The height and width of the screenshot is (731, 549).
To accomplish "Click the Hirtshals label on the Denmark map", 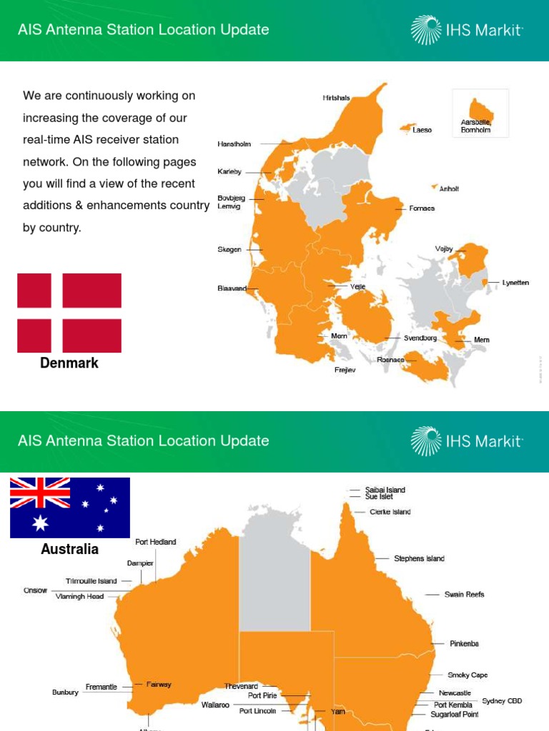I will point(336,99).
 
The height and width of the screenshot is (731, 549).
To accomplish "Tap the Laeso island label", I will point(422,131).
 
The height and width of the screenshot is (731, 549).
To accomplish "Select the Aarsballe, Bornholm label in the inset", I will point(476,126).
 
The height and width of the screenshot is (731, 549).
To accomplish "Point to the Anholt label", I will point(449,189).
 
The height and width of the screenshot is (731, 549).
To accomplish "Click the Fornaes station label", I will point(422,208).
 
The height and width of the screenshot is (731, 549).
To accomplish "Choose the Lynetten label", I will point(515,283).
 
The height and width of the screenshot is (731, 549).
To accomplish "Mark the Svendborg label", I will point(420,338).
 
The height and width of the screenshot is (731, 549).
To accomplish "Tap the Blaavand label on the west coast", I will point(232,288).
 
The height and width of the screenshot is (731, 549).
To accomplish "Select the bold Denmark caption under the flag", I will point(69,363).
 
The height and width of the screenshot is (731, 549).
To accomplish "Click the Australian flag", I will point(70,508).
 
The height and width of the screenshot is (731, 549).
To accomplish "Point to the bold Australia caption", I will point(70,550).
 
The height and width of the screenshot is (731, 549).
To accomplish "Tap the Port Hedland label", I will point(155,542).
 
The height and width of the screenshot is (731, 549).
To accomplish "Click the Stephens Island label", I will point(419,558).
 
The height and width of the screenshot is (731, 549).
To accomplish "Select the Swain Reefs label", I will point(464,594).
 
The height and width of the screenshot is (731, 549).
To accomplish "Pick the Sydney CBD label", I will point(502,701).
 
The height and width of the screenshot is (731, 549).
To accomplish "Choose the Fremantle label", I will point(102,687).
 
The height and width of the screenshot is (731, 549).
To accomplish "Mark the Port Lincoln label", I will point(257,711).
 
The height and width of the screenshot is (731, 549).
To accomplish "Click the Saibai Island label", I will point(385,490).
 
